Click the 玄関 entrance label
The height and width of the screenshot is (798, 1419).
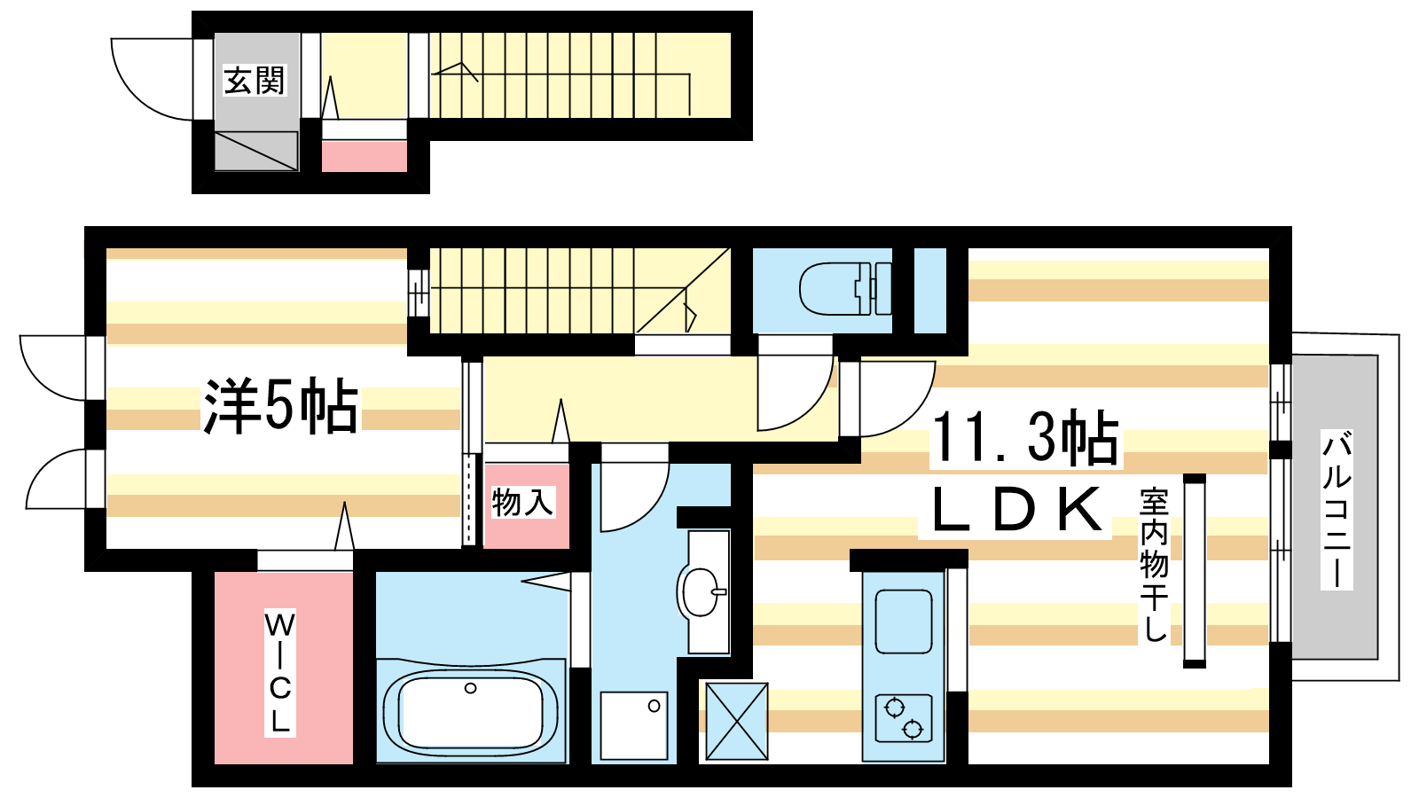tap(255, 81)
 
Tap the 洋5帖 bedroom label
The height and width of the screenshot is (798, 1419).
tap(280, 406)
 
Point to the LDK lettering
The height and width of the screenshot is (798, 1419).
tap(1016, 510)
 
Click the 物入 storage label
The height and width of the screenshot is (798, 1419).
tap(523, 502)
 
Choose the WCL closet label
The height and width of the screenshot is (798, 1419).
tap(280, 673)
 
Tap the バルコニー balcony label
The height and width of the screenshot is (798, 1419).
tap(1336, 509)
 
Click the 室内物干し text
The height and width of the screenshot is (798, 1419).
tap(1154, 564)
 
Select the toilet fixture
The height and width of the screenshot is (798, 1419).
tap(845, 289)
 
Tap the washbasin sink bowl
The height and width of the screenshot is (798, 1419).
tap(702, 592)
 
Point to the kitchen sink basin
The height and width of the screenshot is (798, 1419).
tap(904, 622)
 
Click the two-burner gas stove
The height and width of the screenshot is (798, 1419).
tap(904, 718)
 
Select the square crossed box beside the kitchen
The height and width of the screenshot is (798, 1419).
tap(737, 721)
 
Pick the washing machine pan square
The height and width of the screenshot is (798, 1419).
tap(633, 725)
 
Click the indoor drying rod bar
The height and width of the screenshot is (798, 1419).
tap(1194, 571)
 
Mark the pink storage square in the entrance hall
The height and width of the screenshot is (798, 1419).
tap(365, 156)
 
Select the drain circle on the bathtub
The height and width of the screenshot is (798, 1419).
tap(470, 688)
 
